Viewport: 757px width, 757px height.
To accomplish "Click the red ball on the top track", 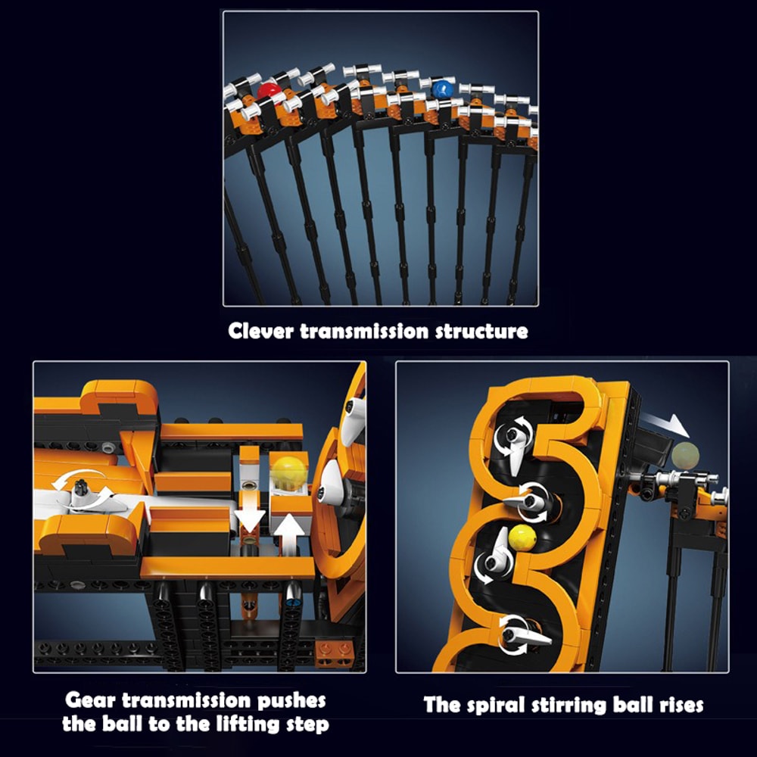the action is click(x=268, y=91).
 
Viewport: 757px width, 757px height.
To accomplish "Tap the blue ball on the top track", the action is click(x=442, y=89).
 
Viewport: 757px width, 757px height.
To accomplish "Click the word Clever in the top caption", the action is click(x=260, y=332).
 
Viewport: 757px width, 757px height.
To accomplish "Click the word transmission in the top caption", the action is click(x=364, y=332).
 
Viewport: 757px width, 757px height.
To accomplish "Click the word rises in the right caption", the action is click(x=681, y=706).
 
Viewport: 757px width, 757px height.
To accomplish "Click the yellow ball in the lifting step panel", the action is click(x=288, y=472).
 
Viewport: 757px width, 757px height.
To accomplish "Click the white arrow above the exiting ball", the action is click(x=665, y=425).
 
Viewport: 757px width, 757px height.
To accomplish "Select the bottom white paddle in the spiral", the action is click(x=525, y=634).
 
